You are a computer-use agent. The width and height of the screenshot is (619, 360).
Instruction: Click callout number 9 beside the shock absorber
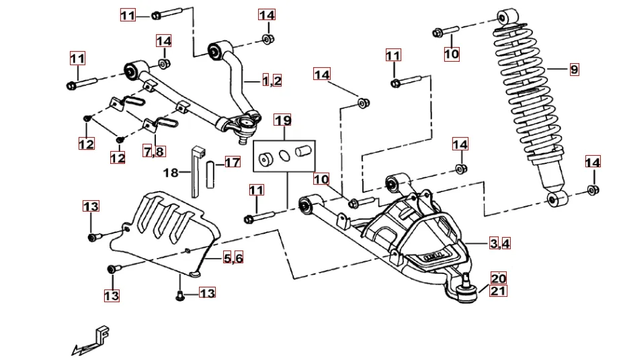573,69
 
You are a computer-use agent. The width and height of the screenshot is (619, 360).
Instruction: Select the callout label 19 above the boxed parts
283,121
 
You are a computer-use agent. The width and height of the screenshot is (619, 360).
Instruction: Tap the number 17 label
232,163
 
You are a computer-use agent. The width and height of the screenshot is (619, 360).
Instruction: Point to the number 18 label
171,173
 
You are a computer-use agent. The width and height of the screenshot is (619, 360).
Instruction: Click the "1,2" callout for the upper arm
272,81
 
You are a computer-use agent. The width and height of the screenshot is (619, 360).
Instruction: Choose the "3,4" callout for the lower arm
499,244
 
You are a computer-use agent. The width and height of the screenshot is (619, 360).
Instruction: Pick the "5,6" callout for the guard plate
233,259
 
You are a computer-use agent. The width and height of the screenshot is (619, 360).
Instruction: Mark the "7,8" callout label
153,152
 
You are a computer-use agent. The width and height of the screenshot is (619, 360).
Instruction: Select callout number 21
498,291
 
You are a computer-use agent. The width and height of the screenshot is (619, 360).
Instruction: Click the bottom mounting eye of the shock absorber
556,199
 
